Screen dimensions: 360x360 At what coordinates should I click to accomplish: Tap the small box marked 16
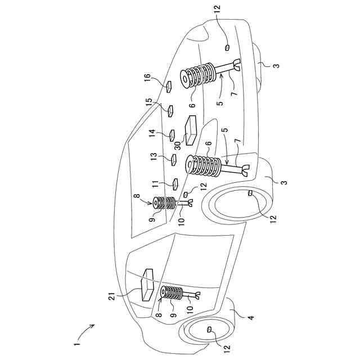[169, 86]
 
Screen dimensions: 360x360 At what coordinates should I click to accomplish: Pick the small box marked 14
[173, 135]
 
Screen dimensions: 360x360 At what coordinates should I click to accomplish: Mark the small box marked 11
[175, 183]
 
